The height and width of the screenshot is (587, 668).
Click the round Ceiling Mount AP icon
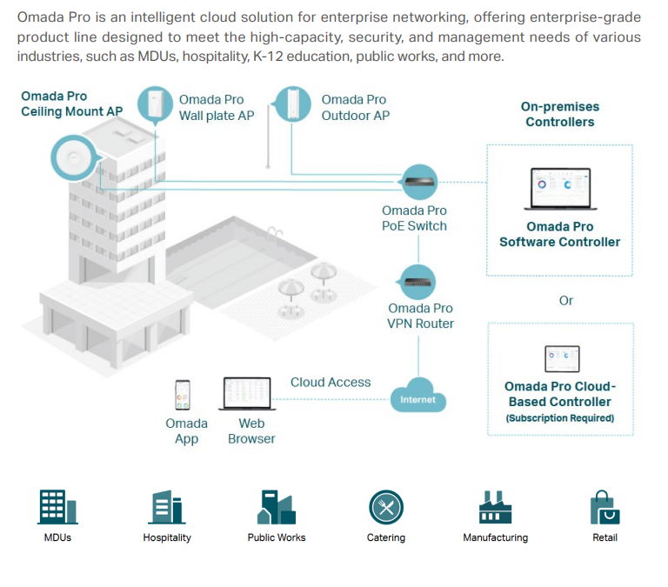click(x=71, y=158)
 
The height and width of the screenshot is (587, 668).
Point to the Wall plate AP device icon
click(x=157, y=104)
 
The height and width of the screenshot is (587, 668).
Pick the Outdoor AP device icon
click(x=293, y=104)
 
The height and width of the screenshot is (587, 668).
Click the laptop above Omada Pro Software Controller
click(x=559, y=189)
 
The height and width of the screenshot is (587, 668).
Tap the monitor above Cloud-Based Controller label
click(x=561, y=357)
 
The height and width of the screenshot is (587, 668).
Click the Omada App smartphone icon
click(x=184, y=395)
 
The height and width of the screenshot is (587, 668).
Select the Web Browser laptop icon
click(x=250, y=394)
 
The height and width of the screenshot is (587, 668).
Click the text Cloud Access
click(x=331, y=382)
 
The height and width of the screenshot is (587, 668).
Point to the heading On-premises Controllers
click(x=560, y=114)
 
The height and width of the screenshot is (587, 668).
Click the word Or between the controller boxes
click(x=566, y=300)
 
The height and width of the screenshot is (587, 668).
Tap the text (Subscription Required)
click(x=560, y=418)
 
